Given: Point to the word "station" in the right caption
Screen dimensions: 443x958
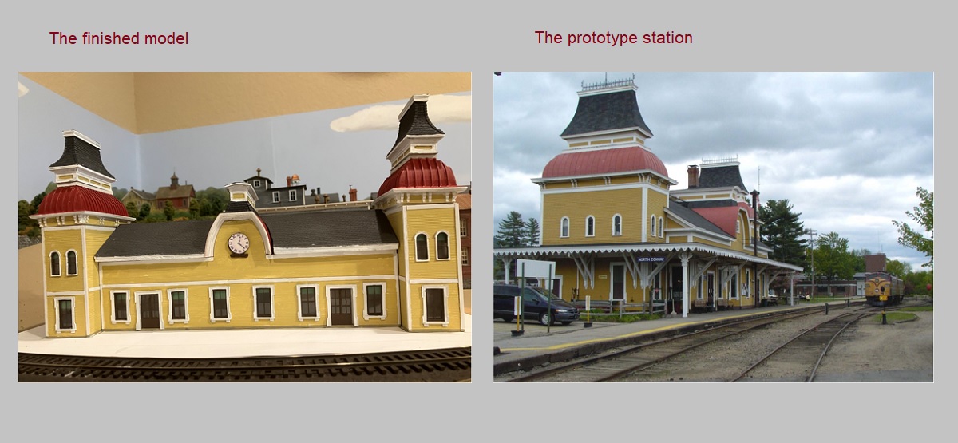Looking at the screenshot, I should coord(670,38).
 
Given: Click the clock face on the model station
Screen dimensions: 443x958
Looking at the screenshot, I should coord(238,243).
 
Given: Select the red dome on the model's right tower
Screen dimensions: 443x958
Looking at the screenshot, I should coord(417,176).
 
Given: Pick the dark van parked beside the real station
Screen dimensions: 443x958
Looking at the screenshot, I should coord(534,303).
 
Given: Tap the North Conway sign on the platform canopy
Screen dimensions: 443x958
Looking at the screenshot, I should coord(651,259).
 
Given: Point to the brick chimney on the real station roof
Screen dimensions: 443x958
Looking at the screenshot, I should coord(692,176).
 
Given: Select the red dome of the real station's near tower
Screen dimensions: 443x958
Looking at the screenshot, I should coord(604,162).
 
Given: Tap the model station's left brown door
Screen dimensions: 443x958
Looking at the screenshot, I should coord(149,310).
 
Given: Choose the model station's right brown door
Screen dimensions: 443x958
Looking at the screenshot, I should coord(342,307).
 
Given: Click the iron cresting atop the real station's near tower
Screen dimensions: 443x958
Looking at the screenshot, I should coord(608,83).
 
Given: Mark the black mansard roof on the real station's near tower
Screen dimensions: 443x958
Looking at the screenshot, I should coord(606,113).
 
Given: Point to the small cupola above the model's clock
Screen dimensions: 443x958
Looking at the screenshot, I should coord(239,194).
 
